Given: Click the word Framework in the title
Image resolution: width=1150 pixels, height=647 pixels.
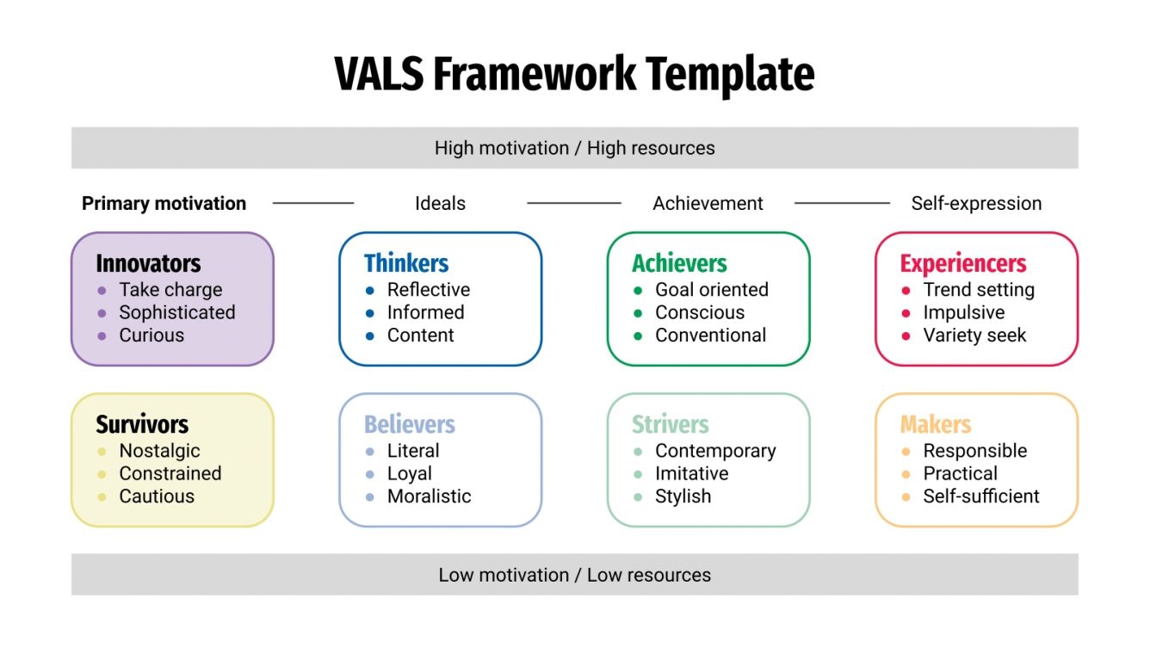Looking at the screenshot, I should pyautogui.click(x=535, y=74).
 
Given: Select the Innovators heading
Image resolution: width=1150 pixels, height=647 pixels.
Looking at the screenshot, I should pyautogui.click(x=148, y=263).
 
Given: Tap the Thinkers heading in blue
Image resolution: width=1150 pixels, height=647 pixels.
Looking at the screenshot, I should pyautogui.click(x=406, y=263).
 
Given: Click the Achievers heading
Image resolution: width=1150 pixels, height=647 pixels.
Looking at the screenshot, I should pyautogui.click(x=679, y=263).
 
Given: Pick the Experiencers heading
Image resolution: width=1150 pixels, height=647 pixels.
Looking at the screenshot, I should pyautogui.click(x=963, y=263).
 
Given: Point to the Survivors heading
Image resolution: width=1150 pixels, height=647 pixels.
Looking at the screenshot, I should pyautogui.click(x=142, y=424).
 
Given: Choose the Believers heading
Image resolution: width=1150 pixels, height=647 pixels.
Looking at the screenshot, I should pyautogui.click(x=409, y=424).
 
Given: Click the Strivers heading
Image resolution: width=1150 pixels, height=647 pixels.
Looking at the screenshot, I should pyautogui.click(x=670, y=424).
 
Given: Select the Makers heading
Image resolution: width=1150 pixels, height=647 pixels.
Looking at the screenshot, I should pyautogui.click(x=936, y=424).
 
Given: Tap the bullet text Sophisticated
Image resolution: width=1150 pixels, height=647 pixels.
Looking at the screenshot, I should pyautogui.click(x=176, y=312).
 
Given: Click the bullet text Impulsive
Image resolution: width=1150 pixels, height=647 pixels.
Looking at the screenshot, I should pyautogui.click(x=963, y=312).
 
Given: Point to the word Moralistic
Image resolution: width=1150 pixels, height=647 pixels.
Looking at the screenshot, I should pyautogui.click(x=429, y=496).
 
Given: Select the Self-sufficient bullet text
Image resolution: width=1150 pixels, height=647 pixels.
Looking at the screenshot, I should pyautogui.click(x=981, y=496).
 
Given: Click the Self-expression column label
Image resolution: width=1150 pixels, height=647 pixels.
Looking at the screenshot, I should pyautogui.click(x=976, y=204).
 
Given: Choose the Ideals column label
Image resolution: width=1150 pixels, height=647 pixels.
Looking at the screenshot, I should pyautogui.click(x=440, y=204).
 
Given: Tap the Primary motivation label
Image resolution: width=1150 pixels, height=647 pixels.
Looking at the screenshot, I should pyautogui.click(x=164, y=204).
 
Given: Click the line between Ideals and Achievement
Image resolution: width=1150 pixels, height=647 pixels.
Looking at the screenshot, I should pyautogui.click(x=573, y=204).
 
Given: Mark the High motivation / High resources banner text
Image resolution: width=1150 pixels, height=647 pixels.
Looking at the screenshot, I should pyautogui.click(x=574, y=148).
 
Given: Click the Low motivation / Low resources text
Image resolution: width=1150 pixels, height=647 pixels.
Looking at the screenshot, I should pyautogui.click(x=574, y=575).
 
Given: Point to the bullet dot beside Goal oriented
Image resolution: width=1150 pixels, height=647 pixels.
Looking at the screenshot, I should pyautogui.click(x=638, y=291).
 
